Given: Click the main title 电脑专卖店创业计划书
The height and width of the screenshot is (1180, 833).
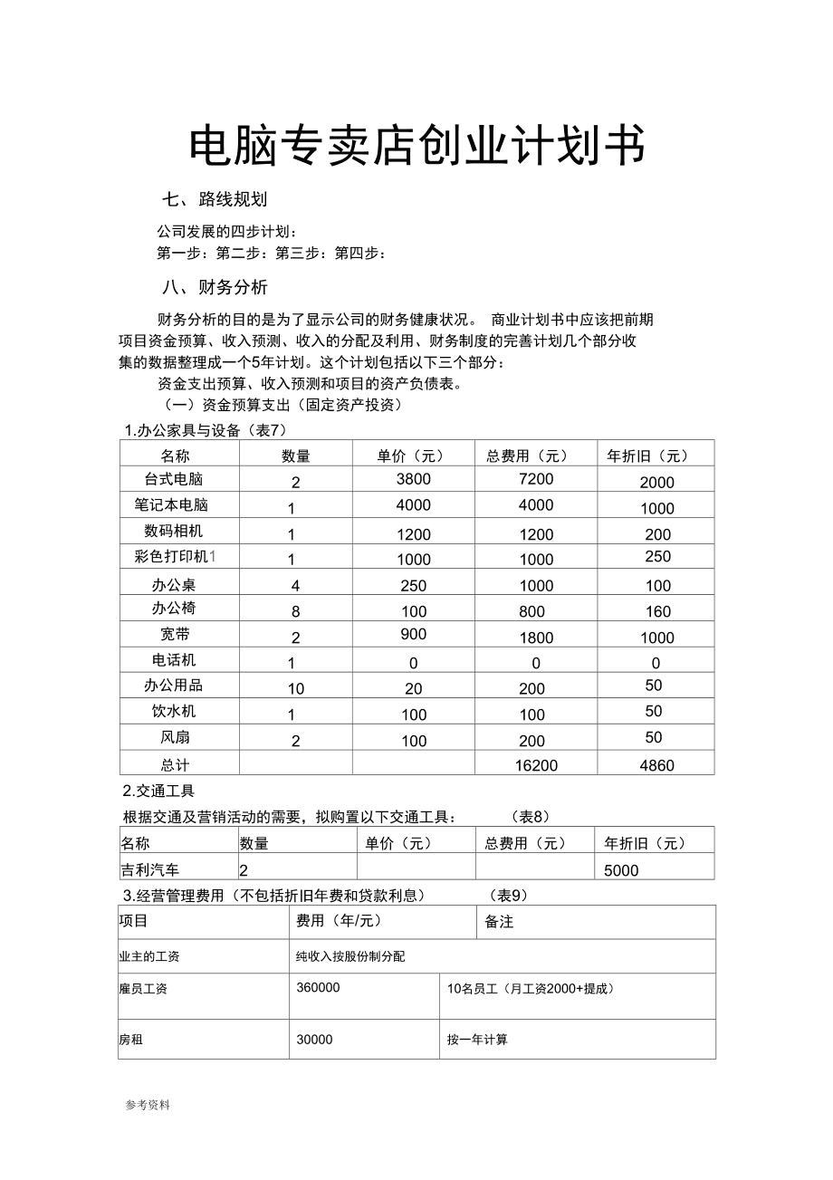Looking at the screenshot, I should click(416, 145).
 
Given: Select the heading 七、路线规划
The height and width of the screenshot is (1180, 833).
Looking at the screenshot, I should click(214, 199).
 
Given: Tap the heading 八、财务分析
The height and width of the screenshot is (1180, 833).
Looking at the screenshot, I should click(215, 288).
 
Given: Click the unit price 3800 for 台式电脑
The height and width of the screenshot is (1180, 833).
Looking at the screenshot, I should click(414, 479).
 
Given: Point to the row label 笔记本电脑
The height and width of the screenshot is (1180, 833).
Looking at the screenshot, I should click(171, 504).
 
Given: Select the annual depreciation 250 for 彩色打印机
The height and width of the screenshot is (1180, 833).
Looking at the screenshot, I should click(657, 557).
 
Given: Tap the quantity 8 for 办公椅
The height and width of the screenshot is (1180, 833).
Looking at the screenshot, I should click(295, 612).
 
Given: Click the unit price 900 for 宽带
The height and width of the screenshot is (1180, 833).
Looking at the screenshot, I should click(413, 635).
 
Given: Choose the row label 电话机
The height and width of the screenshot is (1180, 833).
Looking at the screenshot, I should click(174, 661).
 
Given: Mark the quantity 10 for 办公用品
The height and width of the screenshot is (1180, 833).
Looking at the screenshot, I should click(296, 689).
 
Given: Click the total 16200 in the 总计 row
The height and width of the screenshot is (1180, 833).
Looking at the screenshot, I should click(536, 765).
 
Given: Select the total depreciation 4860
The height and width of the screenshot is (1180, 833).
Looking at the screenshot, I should click(656, 765).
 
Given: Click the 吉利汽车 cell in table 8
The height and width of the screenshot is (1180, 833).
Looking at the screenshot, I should click(150, 870).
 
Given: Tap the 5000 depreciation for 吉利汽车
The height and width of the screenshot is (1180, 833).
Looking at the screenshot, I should click(621, 870).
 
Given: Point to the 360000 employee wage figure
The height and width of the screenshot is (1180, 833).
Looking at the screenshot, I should click(318, 988).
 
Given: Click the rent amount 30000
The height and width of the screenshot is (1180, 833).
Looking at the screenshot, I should click(314, 1040).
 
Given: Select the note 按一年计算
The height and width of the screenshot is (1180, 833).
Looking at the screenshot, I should click(477, 1040).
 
